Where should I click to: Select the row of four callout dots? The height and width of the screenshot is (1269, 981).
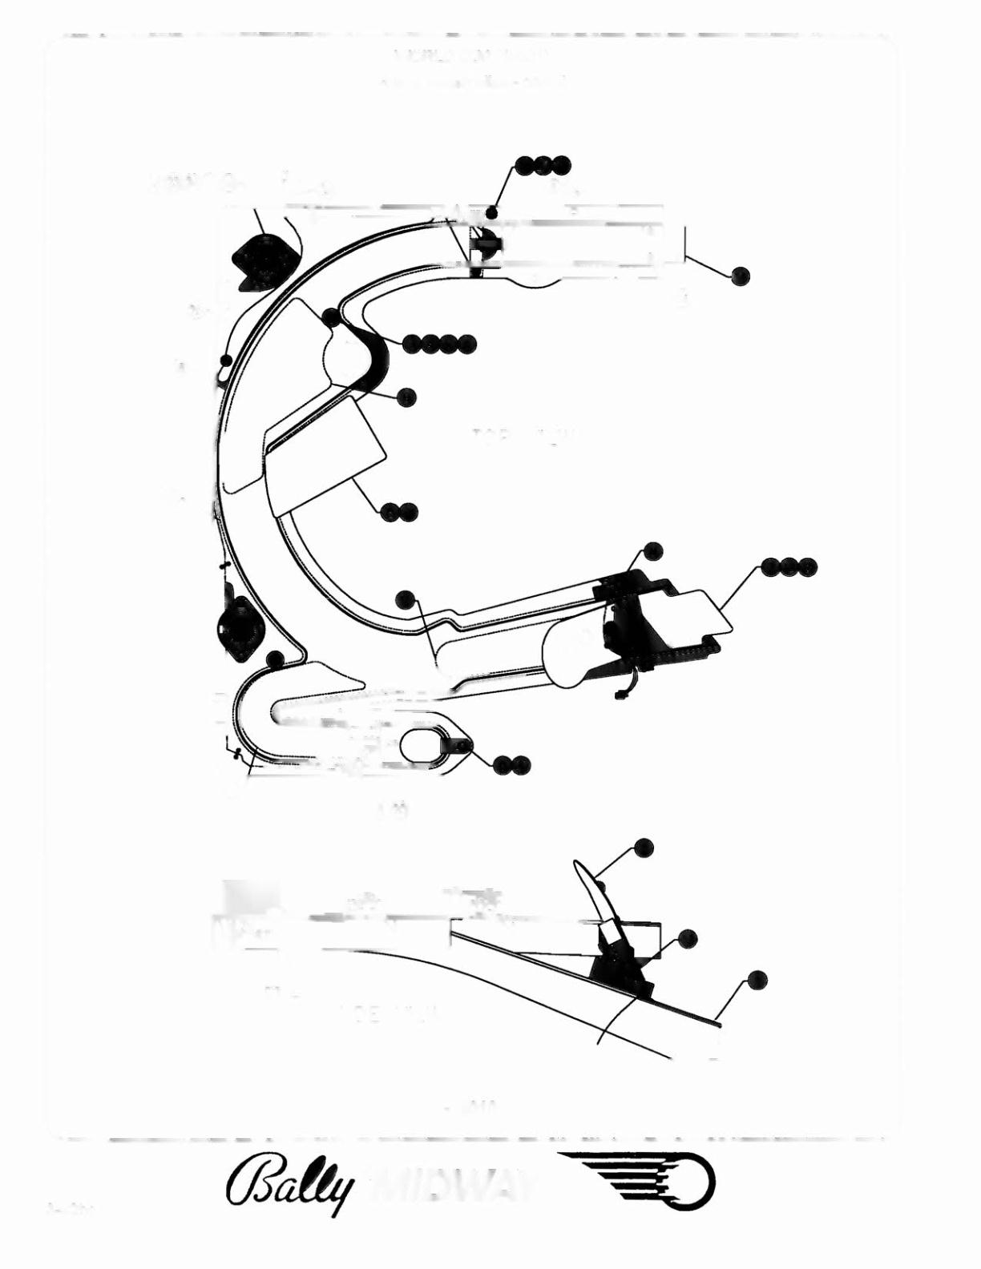[438, 344]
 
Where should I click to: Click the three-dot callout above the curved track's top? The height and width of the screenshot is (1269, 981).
[543, 165]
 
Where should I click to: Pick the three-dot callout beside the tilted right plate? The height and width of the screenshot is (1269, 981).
[789, 566]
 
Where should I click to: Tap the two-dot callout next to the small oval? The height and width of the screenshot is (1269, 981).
[512, 765]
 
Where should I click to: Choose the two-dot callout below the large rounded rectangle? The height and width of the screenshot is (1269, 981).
[399, 511]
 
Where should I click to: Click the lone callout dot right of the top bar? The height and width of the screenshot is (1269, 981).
[741, 275]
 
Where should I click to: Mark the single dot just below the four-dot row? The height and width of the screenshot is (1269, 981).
[407, 396]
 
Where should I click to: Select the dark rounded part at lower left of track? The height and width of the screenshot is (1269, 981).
[237, 625]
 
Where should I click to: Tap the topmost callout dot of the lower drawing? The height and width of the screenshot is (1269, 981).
[643, 847]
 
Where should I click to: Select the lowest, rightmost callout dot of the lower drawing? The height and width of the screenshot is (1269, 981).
[757, 980]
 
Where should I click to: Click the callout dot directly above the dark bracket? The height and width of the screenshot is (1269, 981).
[652, 550]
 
